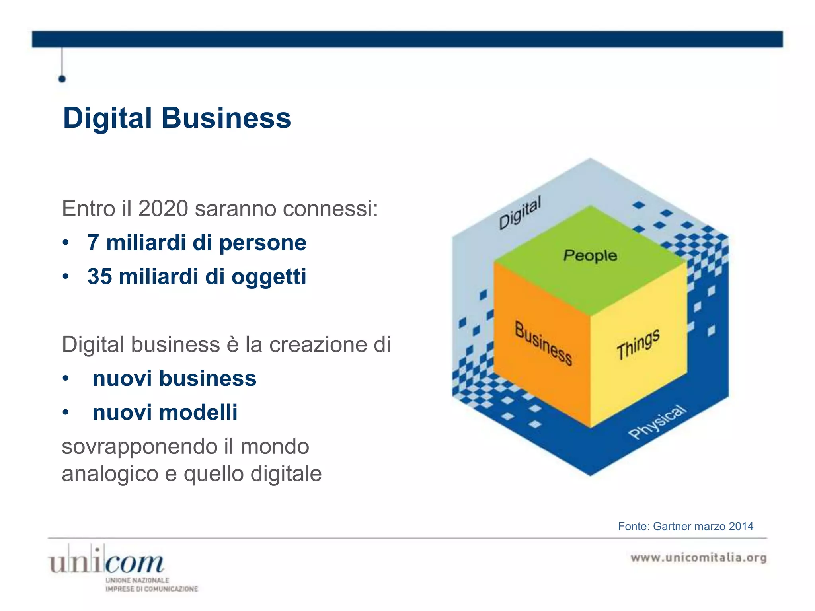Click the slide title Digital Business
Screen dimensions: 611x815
tap(177, 118)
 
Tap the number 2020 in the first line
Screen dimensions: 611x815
tap(163, 208)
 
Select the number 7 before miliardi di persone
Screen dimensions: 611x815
tap(93, 243)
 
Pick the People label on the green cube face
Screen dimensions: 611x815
tap(590, 255)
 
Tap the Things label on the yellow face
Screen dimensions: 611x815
tap(638, 344)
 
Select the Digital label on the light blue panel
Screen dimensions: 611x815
tap(520, 212)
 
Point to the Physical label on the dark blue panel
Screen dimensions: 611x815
tap(657, 422)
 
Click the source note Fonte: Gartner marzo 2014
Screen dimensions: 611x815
tap(685, 526)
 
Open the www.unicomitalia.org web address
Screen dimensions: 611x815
tap(698, 558)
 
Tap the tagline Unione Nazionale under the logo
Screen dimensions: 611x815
tap(137, 580)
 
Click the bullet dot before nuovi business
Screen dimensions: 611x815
tap(66, 379)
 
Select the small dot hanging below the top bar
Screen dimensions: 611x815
tap(62, 79)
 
